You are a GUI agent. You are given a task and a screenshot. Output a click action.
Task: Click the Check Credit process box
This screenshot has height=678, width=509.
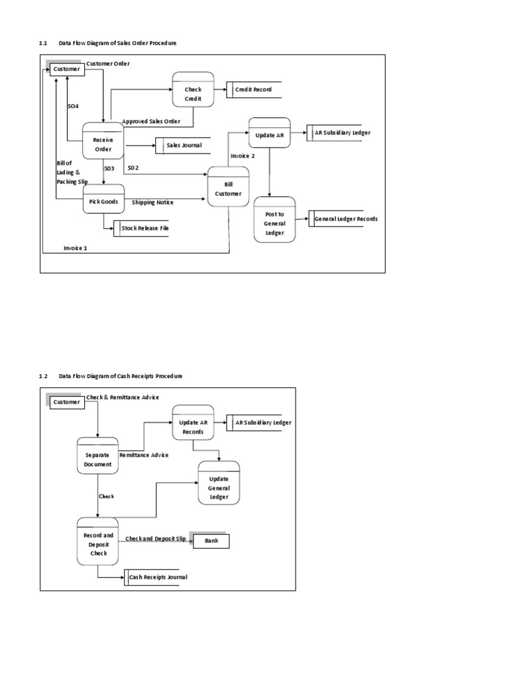(193, 89)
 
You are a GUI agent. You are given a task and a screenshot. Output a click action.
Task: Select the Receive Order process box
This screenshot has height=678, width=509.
(103, 144)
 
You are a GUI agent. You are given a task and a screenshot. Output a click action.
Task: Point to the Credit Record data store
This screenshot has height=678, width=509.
(253, 89)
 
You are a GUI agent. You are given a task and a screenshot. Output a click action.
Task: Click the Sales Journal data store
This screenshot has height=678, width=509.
(183, 146)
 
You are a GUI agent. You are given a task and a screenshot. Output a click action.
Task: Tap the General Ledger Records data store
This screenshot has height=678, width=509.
(345, 218)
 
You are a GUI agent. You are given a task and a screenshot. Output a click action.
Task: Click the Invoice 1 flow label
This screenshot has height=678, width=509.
(76, 248)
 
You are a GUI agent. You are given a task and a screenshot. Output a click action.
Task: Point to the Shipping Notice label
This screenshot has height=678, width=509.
(152, 203)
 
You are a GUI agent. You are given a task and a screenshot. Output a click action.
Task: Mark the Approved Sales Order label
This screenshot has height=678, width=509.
(151, 122)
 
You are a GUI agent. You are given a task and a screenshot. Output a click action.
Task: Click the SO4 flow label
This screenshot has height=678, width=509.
(73, 106)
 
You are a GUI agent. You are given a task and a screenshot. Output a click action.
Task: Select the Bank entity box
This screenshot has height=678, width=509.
(211, 542)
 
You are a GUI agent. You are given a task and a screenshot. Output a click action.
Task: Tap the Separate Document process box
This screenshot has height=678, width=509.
(98, 460)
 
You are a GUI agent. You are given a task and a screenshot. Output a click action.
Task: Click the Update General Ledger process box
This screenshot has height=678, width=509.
(219, 483)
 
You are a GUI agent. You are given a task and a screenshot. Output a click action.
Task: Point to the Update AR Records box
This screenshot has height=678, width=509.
(193, 427)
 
